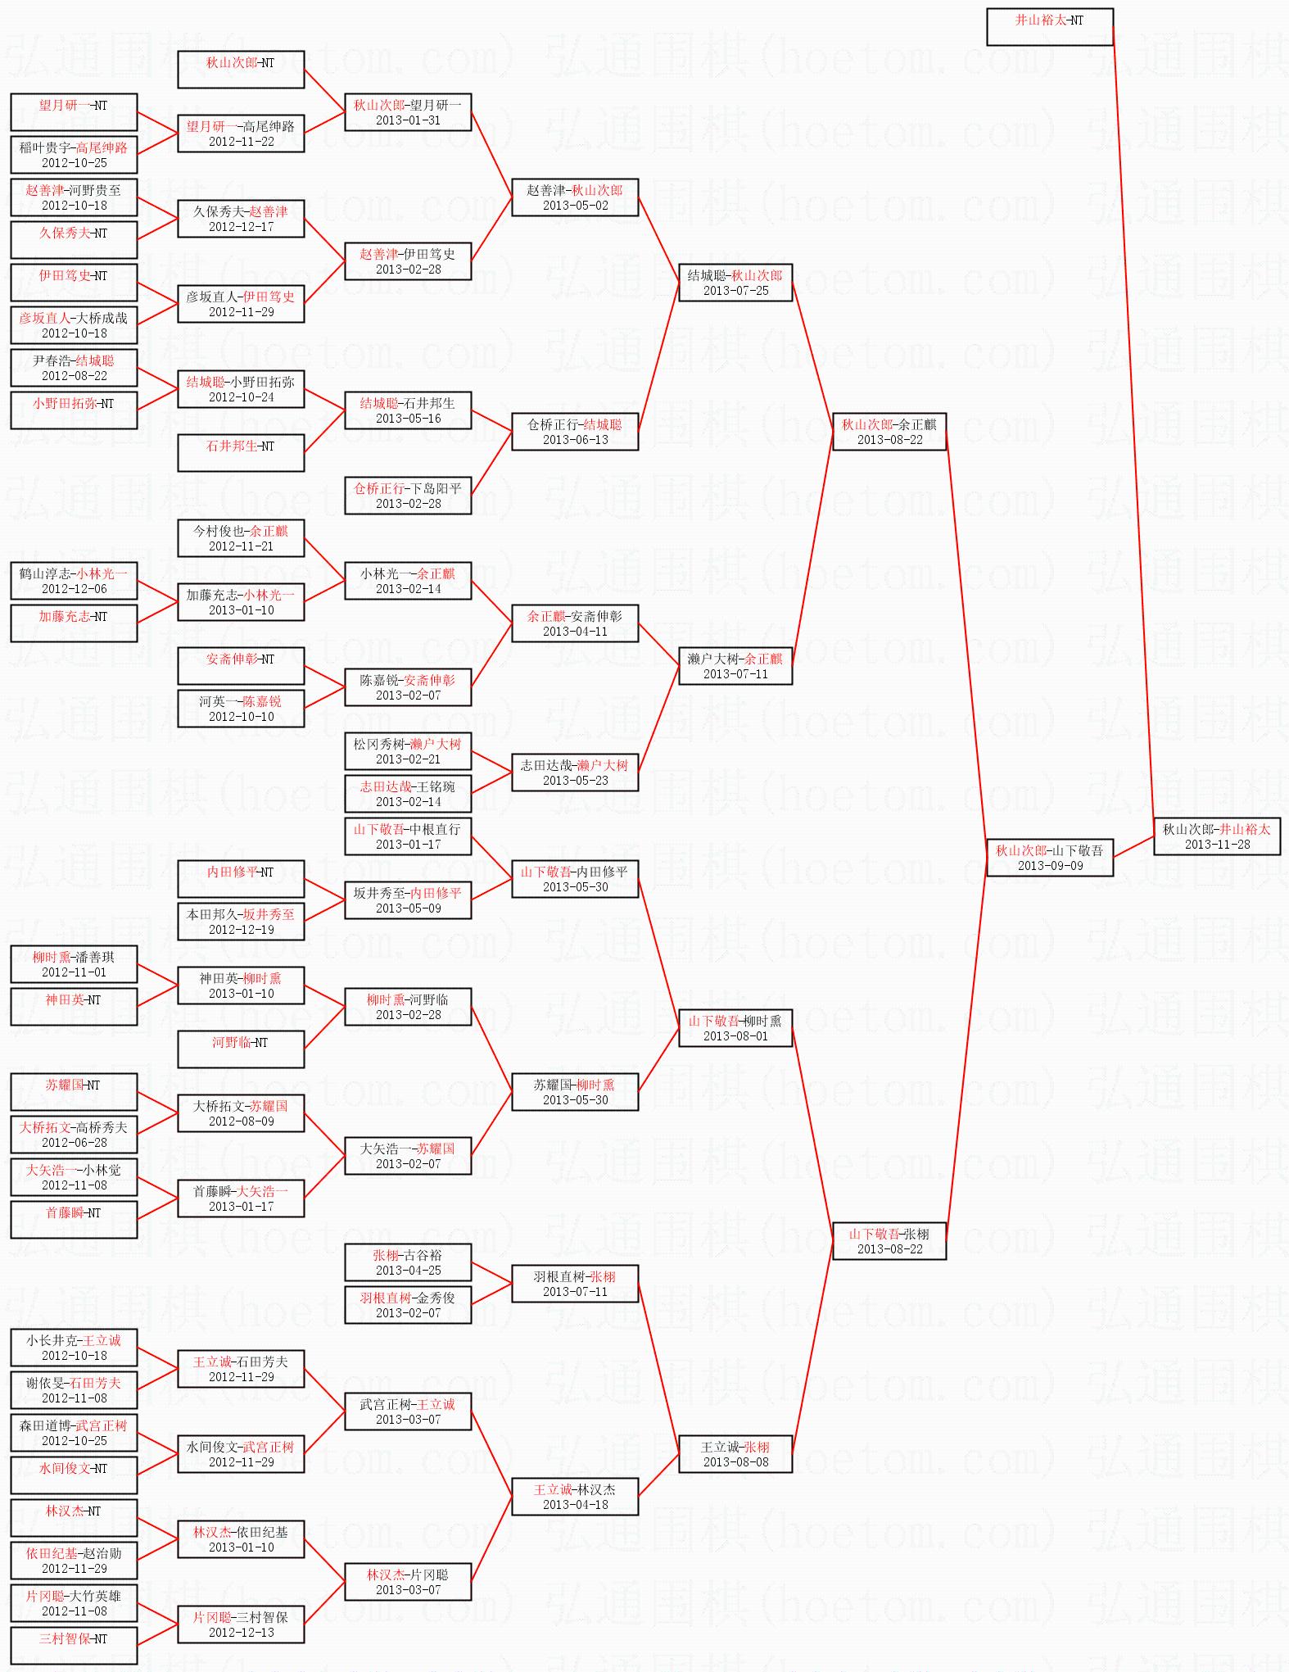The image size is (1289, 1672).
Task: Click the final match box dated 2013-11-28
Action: pyautogui.click(x=1216, y=836)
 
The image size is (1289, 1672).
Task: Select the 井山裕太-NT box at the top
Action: pyautogui.click(x=1049, y=27)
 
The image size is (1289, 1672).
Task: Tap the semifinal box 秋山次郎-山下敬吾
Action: pyautogui.click(x=1049, y=858)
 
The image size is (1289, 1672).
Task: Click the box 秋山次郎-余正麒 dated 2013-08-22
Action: pyautogui.click(x=889, y=432)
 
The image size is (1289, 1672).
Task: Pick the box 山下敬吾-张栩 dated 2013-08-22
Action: pyautogui.click(x=889, y=1241)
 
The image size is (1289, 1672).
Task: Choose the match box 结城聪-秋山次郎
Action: pyautogui.click(x=735, y=283)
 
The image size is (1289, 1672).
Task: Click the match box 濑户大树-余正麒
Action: pyautogui.click(x=735, y=666)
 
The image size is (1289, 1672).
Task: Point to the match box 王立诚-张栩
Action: pyautogui.click(x=735, y=1454)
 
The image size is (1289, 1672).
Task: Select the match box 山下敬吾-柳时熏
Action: pyautogui.click(x=735, y=1028)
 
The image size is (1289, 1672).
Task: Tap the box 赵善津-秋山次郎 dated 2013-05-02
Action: pyautogui.click(x=574, y=197)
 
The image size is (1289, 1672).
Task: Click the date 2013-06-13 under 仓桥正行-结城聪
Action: pyautogui.click(x=575, y=440)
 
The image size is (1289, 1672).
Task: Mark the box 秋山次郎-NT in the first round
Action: pyautogui.click(x=241, y=70)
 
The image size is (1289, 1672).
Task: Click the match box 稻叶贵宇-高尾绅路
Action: pyautogui.click(x=74, y=155)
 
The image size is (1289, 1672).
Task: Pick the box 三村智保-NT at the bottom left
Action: pyautogui.click(x=74, y=1646)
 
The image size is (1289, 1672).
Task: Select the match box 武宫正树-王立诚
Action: pyautogui.click(x=408, y=1411)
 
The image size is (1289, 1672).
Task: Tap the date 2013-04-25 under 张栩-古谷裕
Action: pyautogui.click(x=408, y=1271)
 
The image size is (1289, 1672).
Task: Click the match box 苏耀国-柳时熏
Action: pyautogui.click(x=574, y=1092)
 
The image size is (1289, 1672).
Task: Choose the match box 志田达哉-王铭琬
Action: pyautogui.click(x=408, y=794)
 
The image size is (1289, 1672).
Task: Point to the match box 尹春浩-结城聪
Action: pyautogui.click(x=74, y=368)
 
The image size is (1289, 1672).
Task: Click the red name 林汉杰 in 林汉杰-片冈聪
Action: pyautogui.click(x=383, y=1575)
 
